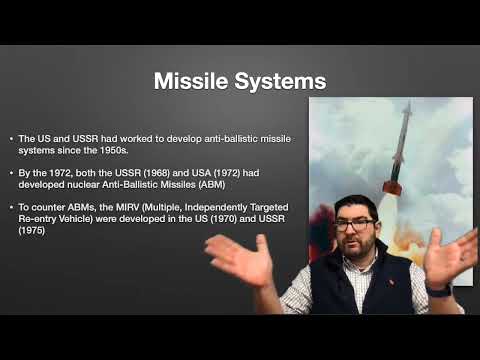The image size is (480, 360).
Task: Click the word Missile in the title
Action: coord(190,80)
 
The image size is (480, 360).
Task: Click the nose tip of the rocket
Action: coord(406,103)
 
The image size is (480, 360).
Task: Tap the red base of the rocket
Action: coord(392,187)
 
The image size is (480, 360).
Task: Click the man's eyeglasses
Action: coord(354,225)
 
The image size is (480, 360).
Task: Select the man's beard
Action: coord(356,249)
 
